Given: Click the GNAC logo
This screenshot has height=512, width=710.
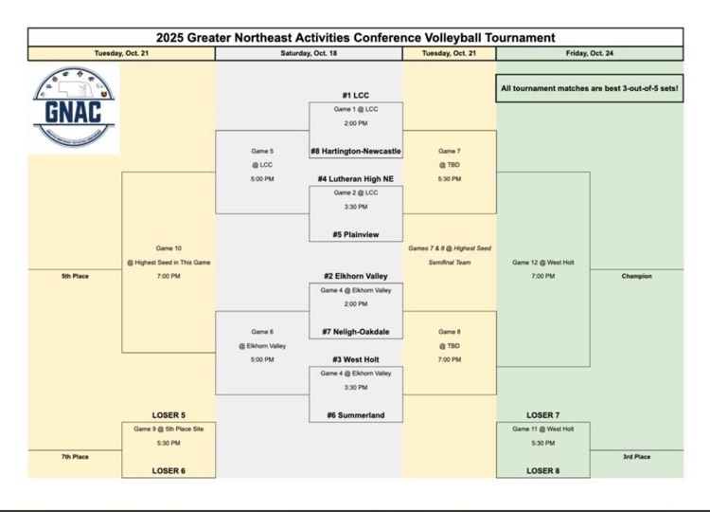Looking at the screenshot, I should (74, 107).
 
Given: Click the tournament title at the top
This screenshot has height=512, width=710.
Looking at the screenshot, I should (355, 38).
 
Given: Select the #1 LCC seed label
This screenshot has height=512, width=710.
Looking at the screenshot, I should (355, 96).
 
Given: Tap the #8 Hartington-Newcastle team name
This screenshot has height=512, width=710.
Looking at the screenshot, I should (355, 151).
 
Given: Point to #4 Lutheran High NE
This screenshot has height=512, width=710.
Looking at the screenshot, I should (355, 178).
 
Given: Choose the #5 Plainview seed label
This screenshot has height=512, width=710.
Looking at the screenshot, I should (355, 233).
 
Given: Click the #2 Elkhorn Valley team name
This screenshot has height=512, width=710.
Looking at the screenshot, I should (355, 276).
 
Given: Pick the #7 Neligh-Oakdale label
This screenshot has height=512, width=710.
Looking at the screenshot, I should (355, 332).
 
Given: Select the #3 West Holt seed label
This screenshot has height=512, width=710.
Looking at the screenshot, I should (355, 359).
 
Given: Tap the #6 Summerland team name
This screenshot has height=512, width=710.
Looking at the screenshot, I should (355, 415).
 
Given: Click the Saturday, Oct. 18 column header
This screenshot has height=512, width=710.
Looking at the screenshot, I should (309, 54).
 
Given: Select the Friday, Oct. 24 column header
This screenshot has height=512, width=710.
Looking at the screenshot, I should (589, 54).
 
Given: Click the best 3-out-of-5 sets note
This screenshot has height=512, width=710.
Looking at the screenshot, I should (589, 88).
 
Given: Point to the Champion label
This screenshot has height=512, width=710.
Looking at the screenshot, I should (636, 276).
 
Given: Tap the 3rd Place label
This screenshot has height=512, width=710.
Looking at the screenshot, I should (636, 456).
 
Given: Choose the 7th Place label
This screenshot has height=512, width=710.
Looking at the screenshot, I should (75, 456).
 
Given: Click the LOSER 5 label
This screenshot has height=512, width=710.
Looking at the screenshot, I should (169, 415).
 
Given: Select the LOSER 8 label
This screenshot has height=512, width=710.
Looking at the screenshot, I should (542, 470).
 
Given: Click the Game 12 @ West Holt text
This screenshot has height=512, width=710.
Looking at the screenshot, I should (542, 262).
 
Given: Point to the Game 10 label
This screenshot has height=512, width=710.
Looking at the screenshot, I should (169, 248).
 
